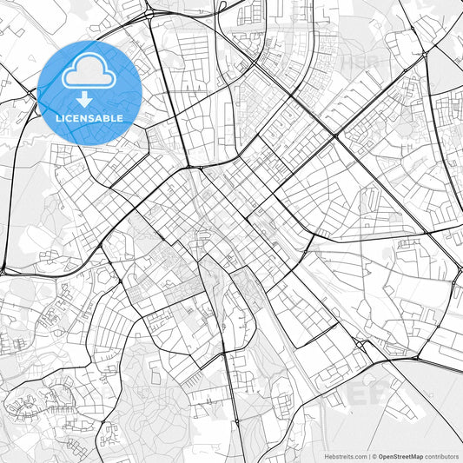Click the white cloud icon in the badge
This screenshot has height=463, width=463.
89,72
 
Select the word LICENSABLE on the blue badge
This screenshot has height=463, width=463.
89,117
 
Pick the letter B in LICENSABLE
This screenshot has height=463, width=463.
107,117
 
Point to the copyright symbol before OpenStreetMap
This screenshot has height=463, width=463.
374,456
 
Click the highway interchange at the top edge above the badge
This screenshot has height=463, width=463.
149,13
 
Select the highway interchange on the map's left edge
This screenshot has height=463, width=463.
4,269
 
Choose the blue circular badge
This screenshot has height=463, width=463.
89,92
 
